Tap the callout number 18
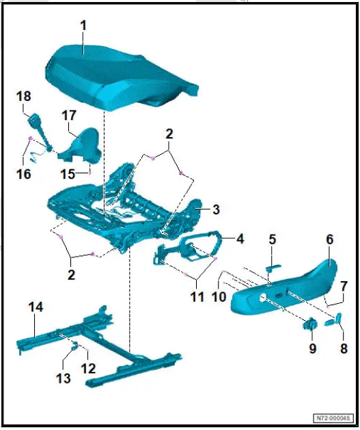coord(23,98)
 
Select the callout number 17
coord(70,116)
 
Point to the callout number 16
coord(24,174)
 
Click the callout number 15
coord(68,174)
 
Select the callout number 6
coord(329,240)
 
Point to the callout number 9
coord(313,348)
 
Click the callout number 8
coord(344,348)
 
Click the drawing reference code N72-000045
coord(333,418)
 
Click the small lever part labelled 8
coord(338,318)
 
